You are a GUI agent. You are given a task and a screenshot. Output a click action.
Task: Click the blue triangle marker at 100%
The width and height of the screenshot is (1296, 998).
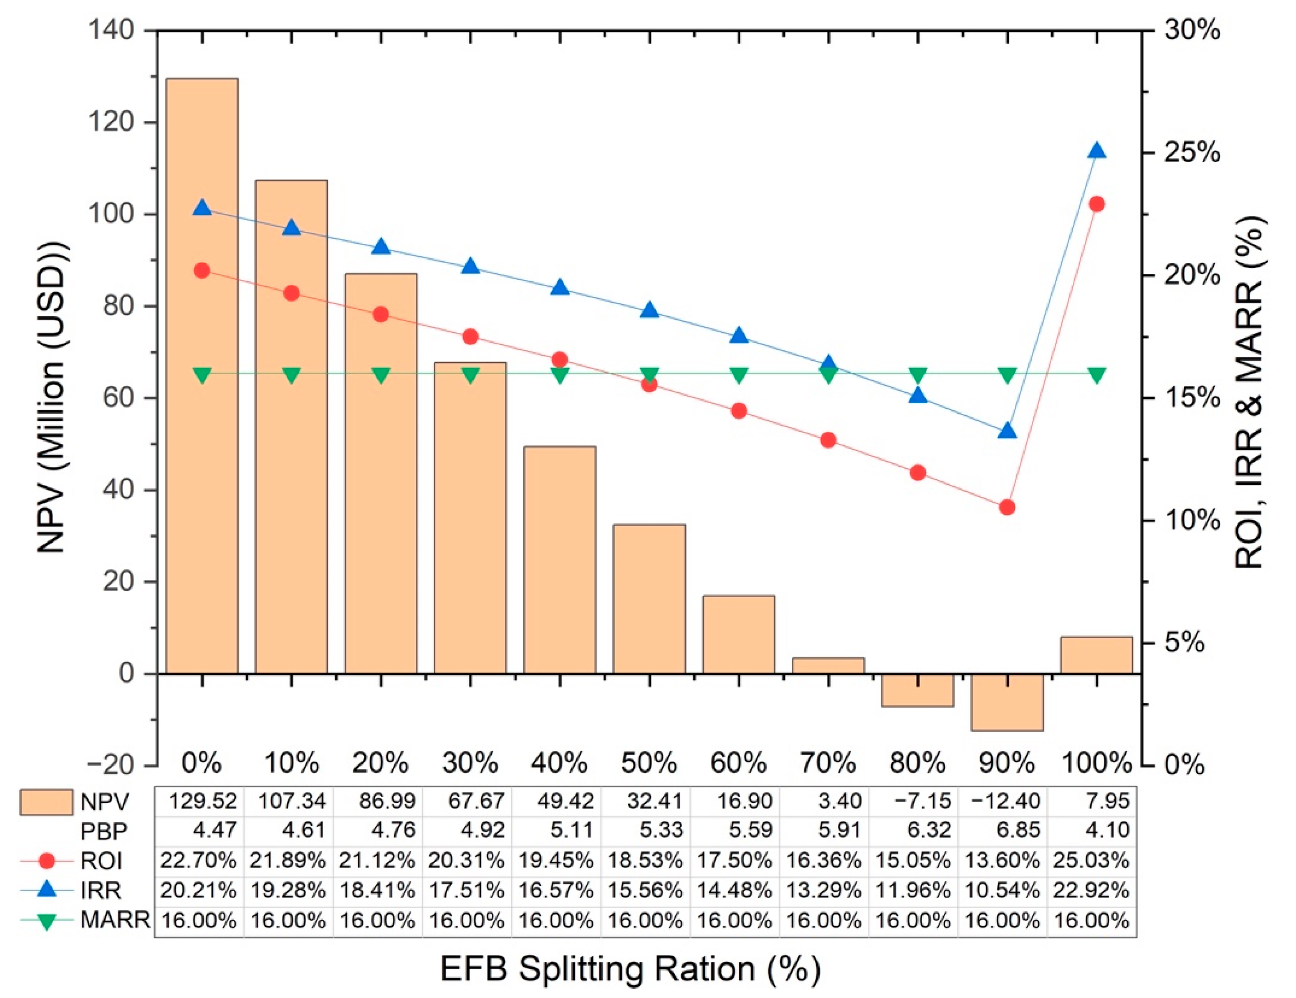coord(1097,151)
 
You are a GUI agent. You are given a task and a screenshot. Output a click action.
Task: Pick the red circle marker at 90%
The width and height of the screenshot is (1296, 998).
coord(1007,507)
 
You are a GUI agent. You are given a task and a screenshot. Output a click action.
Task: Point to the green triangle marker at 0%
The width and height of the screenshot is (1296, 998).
coord(202,375)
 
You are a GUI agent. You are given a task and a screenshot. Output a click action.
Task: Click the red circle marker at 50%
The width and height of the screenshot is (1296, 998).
coord(650,384)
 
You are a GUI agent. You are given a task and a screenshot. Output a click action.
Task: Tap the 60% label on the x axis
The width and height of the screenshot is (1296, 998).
coord(739,763)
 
